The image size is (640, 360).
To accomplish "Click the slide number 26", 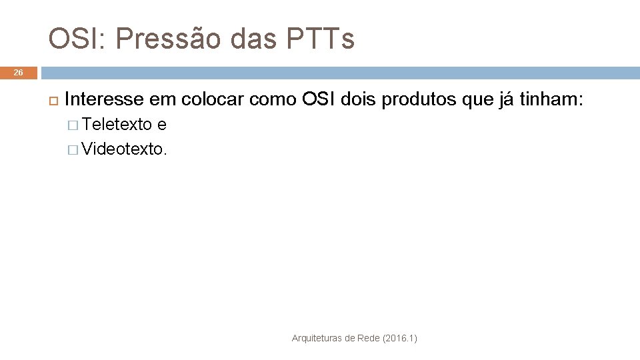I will pos(19,73).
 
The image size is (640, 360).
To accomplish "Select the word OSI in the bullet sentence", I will pos(318,100).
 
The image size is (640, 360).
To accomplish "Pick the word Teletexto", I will pos(118,125).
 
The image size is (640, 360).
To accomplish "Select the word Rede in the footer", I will pos(367,339).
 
